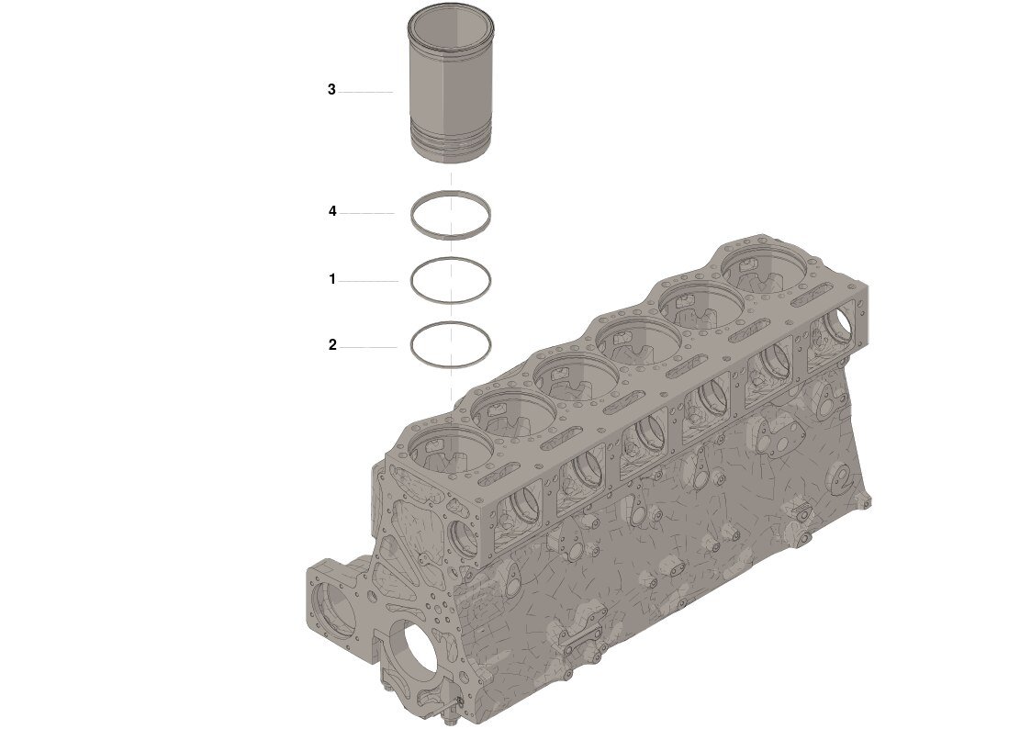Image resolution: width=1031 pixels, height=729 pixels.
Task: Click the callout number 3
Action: coord(331,89)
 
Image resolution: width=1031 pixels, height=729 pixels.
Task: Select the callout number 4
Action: coord(332,211)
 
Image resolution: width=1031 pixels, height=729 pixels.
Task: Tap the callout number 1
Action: coord(332,279)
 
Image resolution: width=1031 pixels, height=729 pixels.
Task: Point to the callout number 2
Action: coord(332,344)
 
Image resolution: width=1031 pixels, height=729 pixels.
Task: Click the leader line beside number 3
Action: coord(365,92)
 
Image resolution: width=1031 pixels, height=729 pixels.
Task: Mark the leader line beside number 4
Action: coord(367,213)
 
